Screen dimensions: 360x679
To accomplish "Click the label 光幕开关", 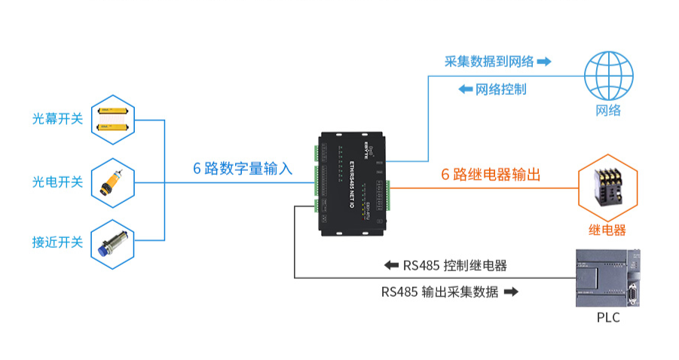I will pos(57,119).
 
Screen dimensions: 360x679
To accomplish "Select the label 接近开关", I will pos(57,243).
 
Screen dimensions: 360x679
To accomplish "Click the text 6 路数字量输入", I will pos(242,169).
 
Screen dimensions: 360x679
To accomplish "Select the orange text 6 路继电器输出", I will pos(491,175).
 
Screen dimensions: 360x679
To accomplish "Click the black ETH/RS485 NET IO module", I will pos(353,185).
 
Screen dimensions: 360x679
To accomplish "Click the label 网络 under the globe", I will pos(608,111).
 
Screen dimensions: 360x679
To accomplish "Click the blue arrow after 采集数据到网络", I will pos(545,62).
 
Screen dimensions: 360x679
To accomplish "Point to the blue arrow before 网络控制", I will pos(465,89).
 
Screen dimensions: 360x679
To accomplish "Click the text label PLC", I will pos(608,318).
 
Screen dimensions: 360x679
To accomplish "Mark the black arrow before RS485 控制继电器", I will pos(390,266).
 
